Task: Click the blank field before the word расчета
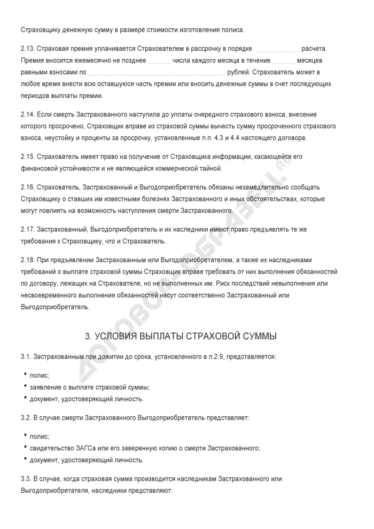(x=276, y=48)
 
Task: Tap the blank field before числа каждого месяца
(x=158, y=59)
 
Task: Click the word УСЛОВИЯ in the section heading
(x=116, y=336)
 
